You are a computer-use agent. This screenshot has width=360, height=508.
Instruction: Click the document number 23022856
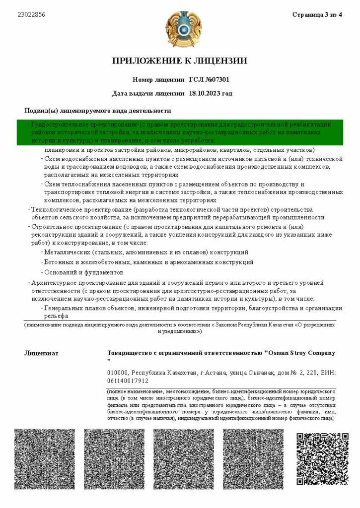pos(31,15)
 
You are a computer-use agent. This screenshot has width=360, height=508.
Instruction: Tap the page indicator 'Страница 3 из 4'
pos(317,15)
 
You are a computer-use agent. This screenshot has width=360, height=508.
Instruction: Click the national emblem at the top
pos(180,30)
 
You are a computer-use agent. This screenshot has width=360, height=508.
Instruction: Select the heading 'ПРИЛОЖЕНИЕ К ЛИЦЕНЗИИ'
pos(180,61)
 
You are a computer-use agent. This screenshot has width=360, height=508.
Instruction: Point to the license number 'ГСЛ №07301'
pos(209,79)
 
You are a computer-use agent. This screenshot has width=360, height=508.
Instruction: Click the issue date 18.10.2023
pos(205,93)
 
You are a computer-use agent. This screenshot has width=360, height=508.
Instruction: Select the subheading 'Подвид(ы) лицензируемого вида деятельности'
pos(98,111)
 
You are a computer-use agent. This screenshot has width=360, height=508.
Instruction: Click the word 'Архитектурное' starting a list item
pos(54,283)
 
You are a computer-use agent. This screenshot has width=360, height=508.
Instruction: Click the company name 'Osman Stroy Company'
pos(301,353)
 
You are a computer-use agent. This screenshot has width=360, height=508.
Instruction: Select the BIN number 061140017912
pos(128,381)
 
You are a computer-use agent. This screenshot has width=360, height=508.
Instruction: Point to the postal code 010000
pos(118,373)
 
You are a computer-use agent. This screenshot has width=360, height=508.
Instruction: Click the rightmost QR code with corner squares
pos(322,458)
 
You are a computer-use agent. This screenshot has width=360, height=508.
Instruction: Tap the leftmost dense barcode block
pos(45,458)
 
